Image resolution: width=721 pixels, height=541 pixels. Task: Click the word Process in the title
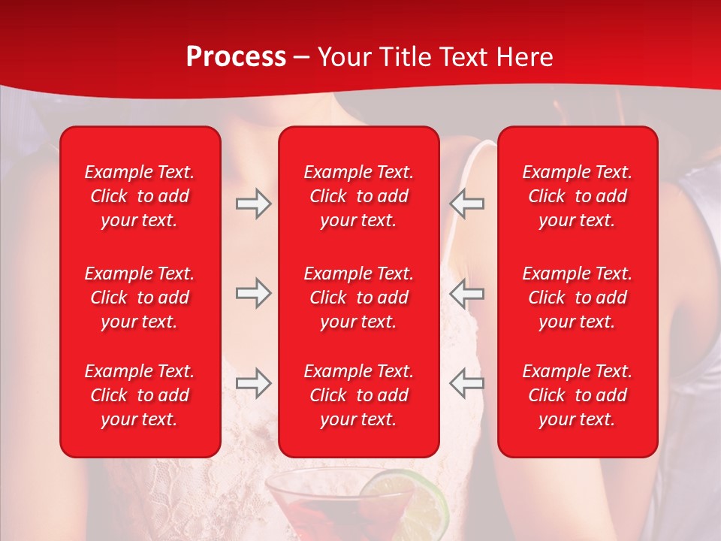[236, 57]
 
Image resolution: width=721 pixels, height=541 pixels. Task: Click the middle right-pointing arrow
[253, 294]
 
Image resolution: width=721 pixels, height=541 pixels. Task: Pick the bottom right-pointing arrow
[253, 383]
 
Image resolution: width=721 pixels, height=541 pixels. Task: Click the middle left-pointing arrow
[466, 294]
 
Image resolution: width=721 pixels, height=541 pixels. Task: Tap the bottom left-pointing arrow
[466, 383]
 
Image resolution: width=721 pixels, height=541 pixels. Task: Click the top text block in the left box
[140, 196]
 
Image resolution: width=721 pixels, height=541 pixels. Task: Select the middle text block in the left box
[140, 298]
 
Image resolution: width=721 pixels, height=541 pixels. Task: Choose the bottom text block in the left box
[140, 395]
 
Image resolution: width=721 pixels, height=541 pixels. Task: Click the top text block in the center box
[358, 196]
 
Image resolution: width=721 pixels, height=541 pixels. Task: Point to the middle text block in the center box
[358, 298]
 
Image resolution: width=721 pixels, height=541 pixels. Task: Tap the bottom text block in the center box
[358, 395]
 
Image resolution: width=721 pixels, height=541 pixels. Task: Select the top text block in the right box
[577, 196]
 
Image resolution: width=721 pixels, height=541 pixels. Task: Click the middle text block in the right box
[577, 298]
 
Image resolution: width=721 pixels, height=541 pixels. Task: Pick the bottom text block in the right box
[577, 395]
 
